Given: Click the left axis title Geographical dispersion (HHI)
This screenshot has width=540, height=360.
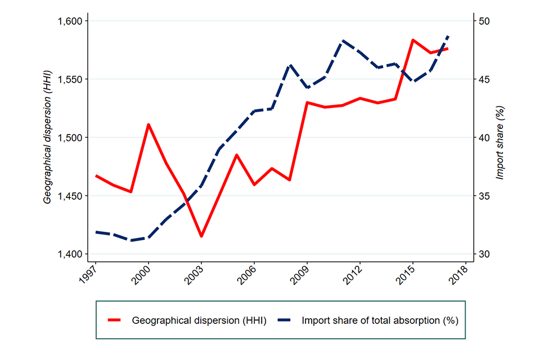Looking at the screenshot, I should click(x=48, y=137).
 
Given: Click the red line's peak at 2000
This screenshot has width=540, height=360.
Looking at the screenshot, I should click(x=148, y=124).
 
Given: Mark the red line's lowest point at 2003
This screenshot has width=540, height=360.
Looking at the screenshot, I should click(x=201, y=236).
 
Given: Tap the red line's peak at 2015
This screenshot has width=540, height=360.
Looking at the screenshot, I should click(x=413, y=40).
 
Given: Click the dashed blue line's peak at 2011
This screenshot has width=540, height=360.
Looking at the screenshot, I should click(x=343, y=41).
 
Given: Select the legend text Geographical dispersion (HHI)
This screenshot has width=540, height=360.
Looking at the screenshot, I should click(x=199, y=321).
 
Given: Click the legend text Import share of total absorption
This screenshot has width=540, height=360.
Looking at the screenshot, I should click(x=380, y=321).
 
